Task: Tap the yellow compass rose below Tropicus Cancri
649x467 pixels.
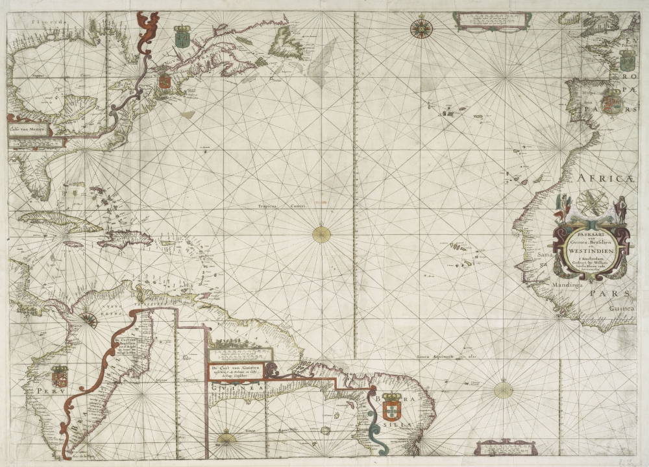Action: [x=321, y=234]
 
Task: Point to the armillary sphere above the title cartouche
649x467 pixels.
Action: [x=593, y=204]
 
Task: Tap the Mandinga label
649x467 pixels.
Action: [x=550, y=284]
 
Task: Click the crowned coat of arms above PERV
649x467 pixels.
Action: [x=60, y=376]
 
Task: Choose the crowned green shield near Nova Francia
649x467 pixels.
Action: [x=183, y=37]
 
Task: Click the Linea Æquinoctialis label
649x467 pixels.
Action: [x=443, y=357]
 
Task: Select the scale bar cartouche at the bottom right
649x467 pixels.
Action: [x=506, y=447]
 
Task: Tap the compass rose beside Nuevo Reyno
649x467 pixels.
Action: [x=88, y=319]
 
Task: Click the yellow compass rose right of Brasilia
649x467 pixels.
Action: [x=503, y=390]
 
